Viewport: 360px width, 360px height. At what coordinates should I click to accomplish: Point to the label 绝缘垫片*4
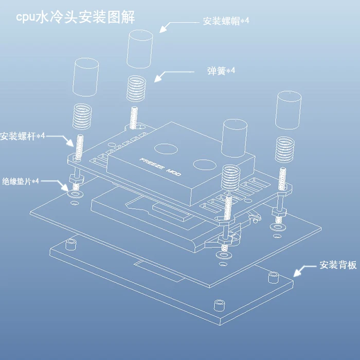pyautogui.click(x=21, y=181)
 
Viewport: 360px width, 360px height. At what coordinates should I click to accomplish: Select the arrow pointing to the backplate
pyautogui.click(x=303, y=269)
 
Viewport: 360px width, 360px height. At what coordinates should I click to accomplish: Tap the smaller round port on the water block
pyautogui.click(x=204, y=165)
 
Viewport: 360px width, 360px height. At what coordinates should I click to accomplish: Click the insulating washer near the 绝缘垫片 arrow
pyautogui.click(x=75, y=195)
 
